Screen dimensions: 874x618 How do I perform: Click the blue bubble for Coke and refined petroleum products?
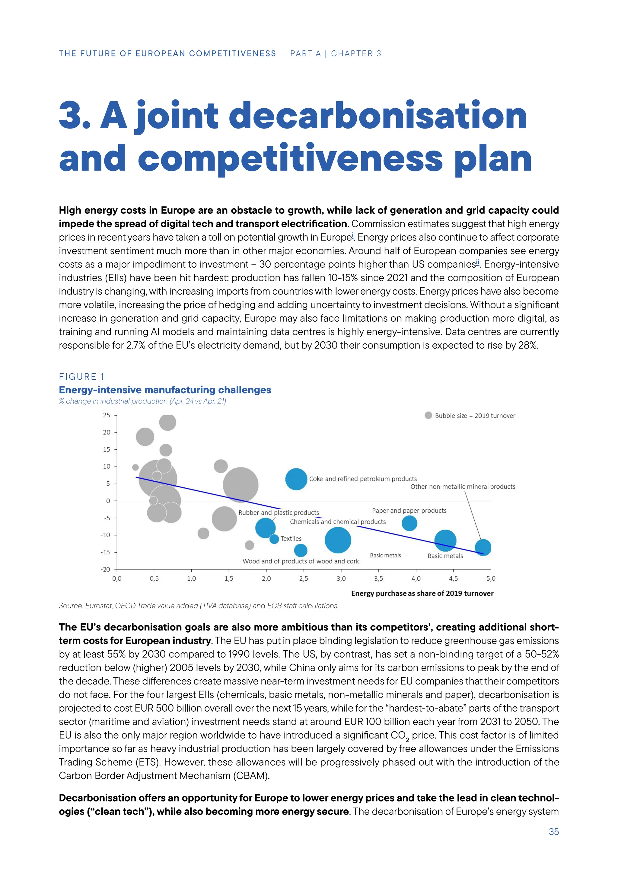(x=296, y=479)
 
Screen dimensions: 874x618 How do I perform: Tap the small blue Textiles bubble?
(x=274, y=539)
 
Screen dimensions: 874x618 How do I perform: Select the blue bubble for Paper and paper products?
(x=409, y=523)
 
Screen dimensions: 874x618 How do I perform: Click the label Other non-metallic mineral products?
(x=462, y=486)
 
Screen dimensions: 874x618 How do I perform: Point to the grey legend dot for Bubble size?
(x=428, y=415)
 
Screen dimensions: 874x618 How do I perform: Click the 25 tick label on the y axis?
(x=107, y=415)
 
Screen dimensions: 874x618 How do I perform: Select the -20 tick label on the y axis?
(x=105, y=569)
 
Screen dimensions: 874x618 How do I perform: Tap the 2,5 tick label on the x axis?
(x=303, y=579)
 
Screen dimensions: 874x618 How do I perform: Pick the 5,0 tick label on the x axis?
(x=491, y=579)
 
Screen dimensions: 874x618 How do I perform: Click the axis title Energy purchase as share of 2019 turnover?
(x=422, y=593)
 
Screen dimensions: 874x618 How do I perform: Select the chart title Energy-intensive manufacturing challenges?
(x=165, y=390)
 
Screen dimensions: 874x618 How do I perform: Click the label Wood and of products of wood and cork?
(x=300, y=561)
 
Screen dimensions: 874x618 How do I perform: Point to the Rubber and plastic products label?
(x=279, y=512)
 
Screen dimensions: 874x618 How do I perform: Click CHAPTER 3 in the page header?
(x=356, y=53)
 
